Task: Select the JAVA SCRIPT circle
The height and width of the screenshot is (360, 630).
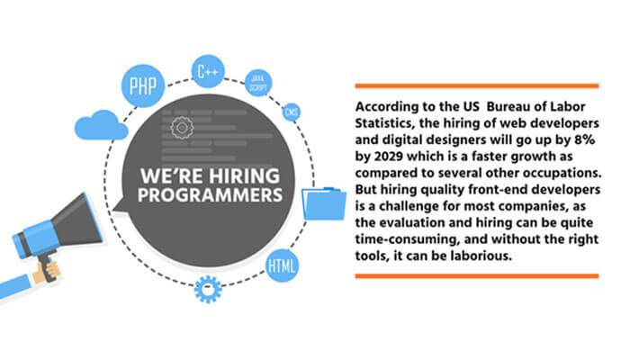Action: point(259,82)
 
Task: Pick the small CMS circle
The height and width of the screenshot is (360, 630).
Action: point(292,113)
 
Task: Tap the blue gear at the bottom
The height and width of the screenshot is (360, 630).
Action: point(208,289)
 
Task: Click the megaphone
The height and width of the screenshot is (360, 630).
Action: point(55,234)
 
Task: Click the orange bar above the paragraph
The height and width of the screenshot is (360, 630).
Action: point(476,86)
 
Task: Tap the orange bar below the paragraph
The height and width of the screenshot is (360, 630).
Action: point(476,274)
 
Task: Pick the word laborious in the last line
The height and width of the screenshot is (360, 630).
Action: point(556,256)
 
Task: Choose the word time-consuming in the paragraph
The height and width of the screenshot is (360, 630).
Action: point(402,240)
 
